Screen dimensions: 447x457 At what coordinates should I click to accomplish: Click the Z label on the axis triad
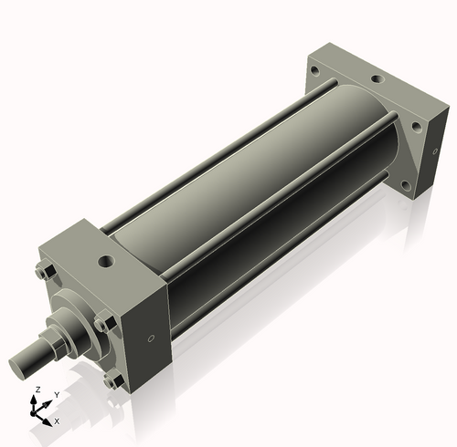37,390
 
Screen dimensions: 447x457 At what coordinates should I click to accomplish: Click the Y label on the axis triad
57,394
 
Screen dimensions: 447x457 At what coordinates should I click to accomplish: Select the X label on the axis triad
57,421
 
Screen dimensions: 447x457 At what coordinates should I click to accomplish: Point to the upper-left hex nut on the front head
43,272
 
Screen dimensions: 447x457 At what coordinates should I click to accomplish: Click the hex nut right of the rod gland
103,322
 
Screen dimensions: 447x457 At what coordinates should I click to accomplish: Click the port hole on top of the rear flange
377,79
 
